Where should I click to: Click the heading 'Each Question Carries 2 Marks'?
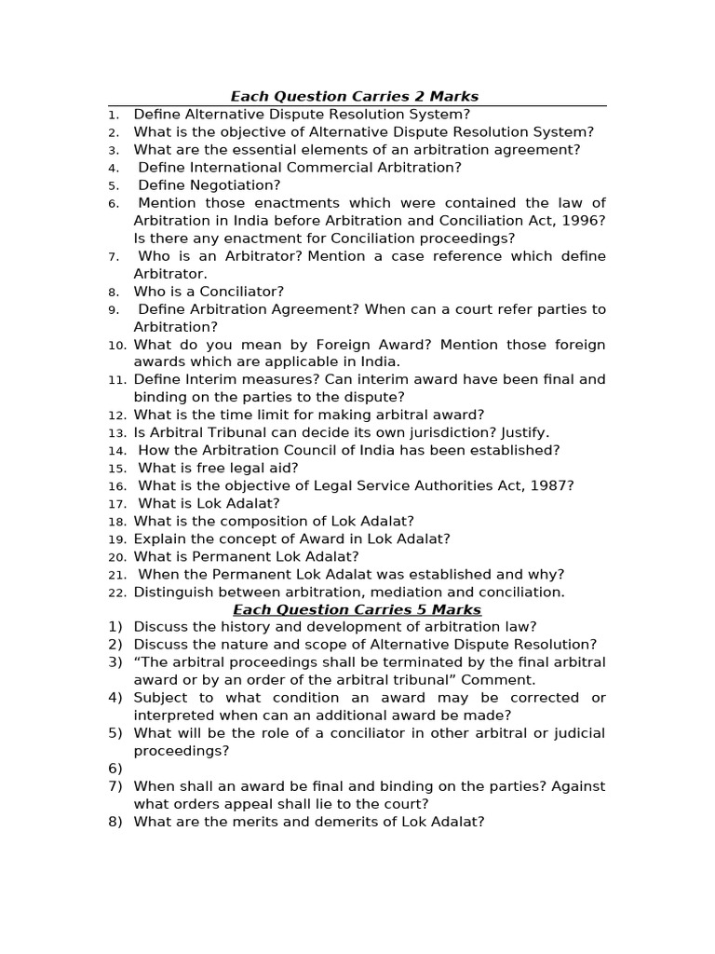click(355, 97)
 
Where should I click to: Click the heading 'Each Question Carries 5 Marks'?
click(357, 610)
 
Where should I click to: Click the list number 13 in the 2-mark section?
click(116, 433)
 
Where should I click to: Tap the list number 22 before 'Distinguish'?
click(116, 593)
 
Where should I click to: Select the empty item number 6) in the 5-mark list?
click(115, 769)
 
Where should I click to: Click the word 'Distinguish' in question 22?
click(171, 593)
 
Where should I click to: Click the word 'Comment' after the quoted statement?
click(502, 680)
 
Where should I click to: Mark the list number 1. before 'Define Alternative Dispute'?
click(114, 115)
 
